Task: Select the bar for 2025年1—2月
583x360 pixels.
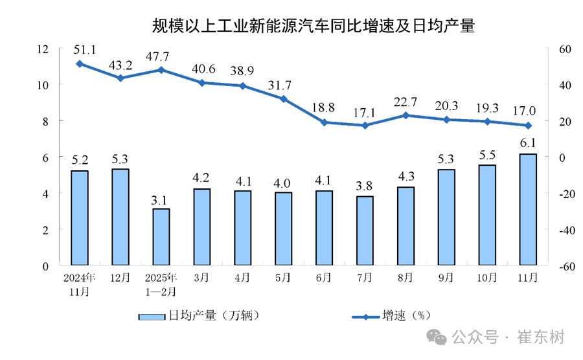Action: (161, 236)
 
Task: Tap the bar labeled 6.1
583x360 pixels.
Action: (528, 209)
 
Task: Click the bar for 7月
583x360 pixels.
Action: (365, 231)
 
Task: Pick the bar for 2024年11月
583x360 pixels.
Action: (79, 218)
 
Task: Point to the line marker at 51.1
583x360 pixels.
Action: (79, 63)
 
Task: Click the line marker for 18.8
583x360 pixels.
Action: (324, 122)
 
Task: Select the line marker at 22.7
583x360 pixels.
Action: (406, 115)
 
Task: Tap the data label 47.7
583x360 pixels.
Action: (161, 54)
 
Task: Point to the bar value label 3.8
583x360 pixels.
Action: (365, 186)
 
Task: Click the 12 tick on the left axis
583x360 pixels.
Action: (43, 49)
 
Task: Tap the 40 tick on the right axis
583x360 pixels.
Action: (560, 85)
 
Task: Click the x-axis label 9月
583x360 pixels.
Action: (446, 278)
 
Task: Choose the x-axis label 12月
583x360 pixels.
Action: (120, 278)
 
